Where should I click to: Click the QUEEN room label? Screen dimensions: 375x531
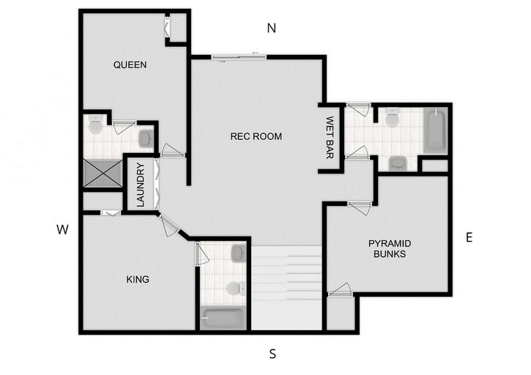pyautogui.click(x=130, y=64)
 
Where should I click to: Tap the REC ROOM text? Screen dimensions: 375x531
pyautogui.click(x=256, y=136)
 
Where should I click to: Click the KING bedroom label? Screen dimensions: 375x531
pyautogui.click(x=138, y=279)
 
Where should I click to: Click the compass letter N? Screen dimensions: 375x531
pyautogui.click(x=271, y=29)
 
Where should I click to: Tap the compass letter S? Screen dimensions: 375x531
pyautogui.click(x=272, y=354)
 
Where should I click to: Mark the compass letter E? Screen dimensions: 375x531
pyautogui.click(x=469, y=237)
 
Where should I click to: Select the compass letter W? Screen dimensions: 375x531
pyautogui.click(x=63, y=230)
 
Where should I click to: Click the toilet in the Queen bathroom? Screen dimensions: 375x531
pyautogui.click(x=95, y=127)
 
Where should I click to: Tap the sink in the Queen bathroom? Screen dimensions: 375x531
pyautogui.click(x=145, y=138)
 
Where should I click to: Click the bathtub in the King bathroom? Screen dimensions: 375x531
pyautogui.click(x=223, y=319)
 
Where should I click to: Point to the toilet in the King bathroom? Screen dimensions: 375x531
pyautogui.click(x=234, y=288)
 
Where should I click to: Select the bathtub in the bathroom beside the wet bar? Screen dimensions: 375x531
pyautogui.click(x=435, y=130)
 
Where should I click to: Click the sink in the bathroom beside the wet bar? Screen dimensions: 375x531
pyautogui.click(x=398, y=163)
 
